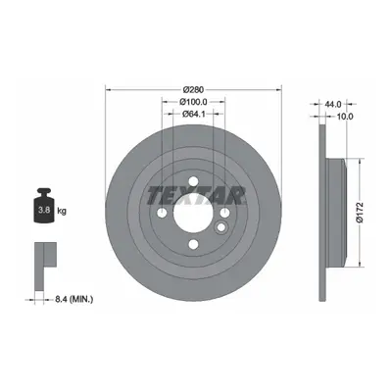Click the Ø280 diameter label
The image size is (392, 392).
pyautogui.click(x=193, y=89)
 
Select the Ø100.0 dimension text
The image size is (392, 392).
pyautogui.click(x=193, y=102)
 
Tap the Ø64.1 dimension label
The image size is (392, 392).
pyautogui.click(x=193, y=114)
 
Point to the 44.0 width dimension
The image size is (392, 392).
pyautogui.click(x=333, y=104)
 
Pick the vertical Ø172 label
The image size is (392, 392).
pyautogui.click(x=360, y=213)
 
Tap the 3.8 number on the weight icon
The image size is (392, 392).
pyautogui.click(x=44, y=210)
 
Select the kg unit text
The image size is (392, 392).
pyautogui.click(x=62, y=211)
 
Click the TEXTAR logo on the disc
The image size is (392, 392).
pyautogui.click(x=196, y=195)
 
